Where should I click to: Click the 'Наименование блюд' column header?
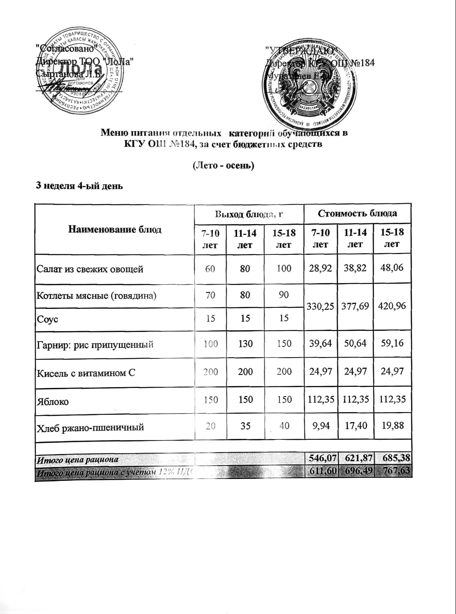point(115,229)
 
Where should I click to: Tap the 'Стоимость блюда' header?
point(357,213)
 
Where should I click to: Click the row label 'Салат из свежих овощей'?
point(90,269)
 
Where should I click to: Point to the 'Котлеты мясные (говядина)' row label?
point(96,295)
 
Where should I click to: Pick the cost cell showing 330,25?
point(321,306)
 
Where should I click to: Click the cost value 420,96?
point(392,306)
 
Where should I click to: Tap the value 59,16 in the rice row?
point(392,343)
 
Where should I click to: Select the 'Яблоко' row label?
point(53,402)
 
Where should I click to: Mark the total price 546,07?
point(321,458)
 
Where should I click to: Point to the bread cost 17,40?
point(355,426)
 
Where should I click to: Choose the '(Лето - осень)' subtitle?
point(223,165)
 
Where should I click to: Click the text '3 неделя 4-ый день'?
point(79,186)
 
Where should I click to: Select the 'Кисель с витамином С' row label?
point(86,373)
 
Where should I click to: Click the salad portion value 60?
point(210,269)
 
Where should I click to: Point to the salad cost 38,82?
point(355,268)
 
